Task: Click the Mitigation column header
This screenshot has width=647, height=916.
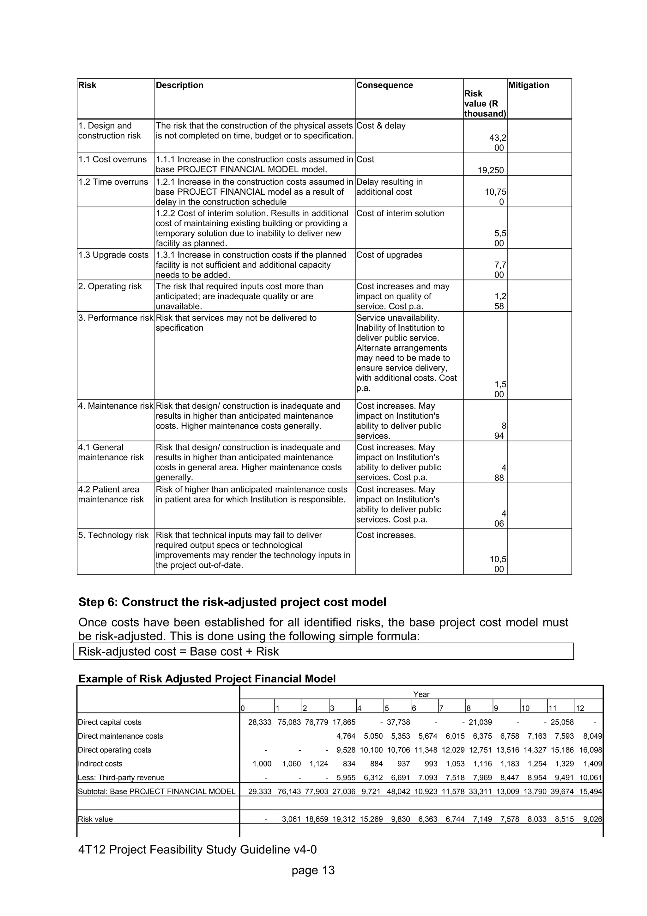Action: (529, 85)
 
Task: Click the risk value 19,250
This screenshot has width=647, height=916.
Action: (491, 170)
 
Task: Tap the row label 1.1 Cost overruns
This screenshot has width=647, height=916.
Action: (112, 159)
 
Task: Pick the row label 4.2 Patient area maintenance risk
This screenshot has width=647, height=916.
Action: (111, 494)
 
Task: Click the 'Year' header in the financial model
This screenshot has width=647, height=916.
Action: (421, 694)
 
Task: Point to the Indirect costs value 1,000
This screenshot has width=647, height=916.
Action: (262, 764)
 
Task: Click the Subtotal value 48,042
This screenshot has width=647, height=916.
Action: (398, 791)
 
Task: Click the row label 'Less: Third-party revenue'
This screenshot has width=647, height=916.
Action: (121, 777)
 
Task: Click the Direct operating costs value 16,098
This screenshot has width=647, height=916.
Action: (590, 750)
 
